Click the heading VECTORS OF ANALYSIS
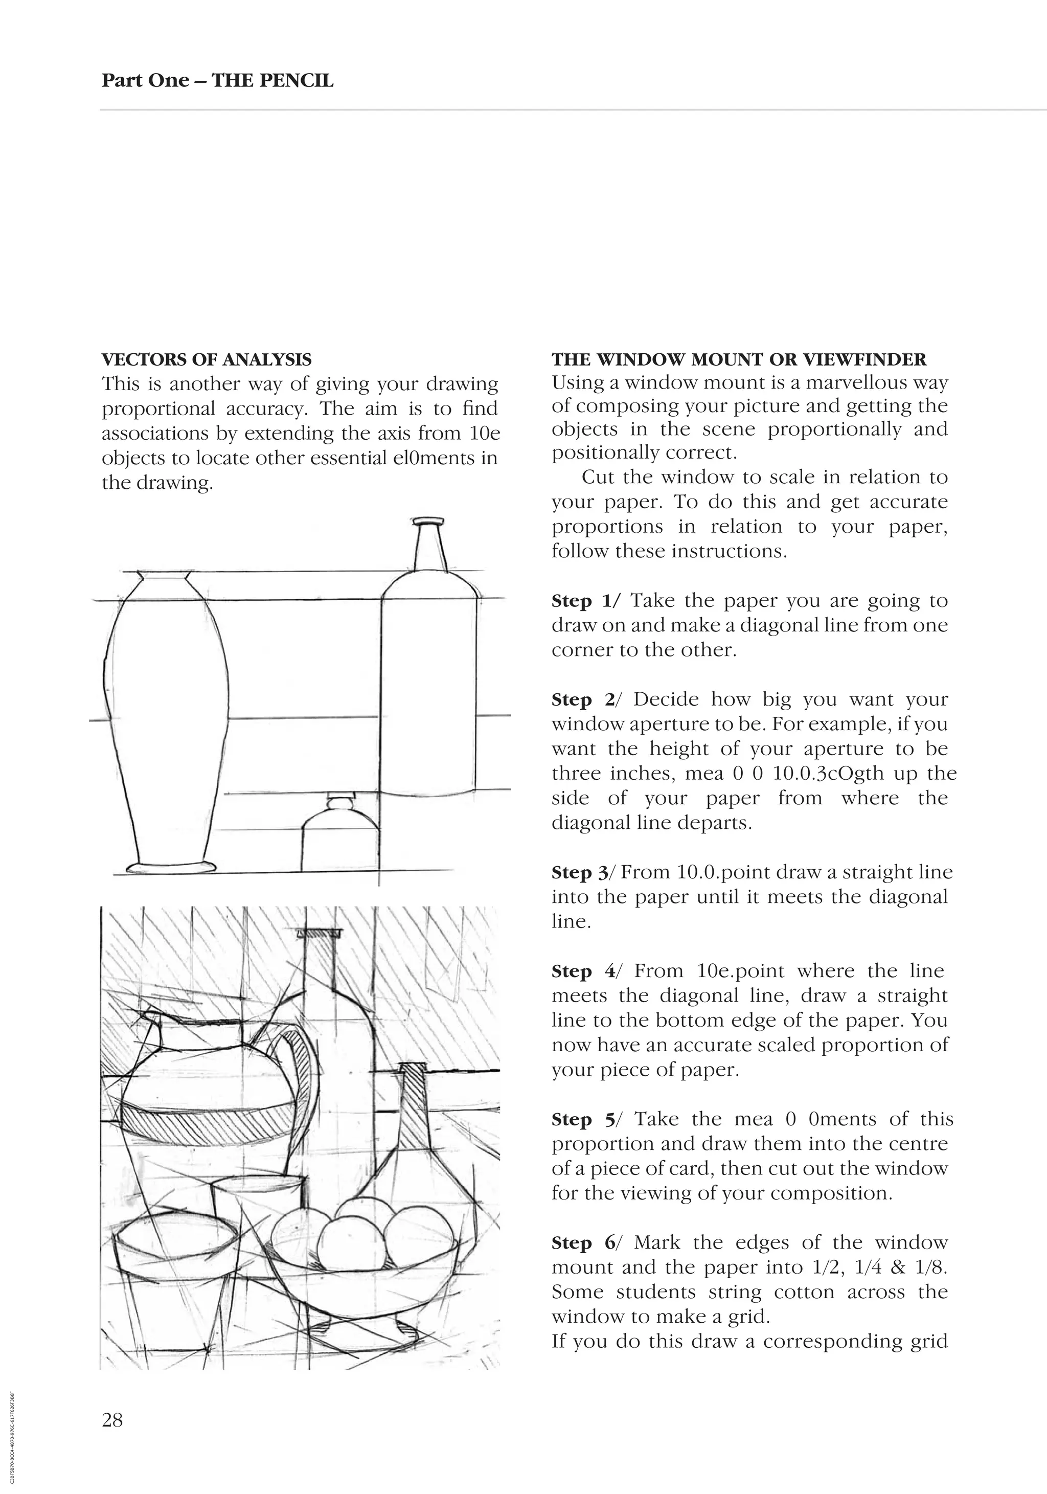(x=206, y=360)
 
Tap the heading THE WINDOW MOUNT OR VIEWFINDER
(x=739, y=360)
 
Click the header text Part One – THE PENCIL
(x=217, y=81)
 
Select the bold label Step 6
(x=583, y=1243)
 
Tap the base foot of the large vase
(x=170, y=867)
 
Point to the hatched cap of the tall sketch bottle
(x=319, y=933)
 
